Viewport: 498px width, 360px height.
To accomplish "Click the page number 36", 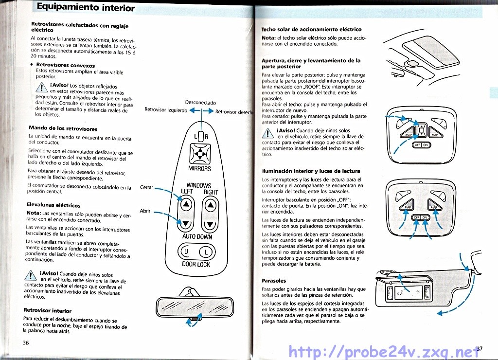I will (x=26, y=342).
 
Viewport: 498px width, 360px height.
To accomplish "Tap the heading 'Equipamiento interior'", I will (x=86, y=7).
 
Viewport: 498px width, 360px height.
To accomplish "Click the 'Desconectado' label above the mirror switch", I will (x=200, y=103).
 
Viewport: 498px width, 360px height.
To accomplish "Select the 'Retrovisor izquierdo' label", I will (x=166, y=110).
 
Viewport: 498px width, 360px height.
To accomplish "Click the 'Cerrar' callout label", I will (x=146, y=187).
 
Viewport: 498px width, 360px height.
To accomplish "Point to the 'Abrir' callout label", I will (x=145, y=211).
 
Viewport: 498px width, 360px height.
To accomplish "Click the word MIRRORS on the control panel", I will (x=199, y=169).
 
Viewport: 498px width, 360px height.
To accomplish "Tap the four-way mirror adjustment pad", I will (x=199, y=154).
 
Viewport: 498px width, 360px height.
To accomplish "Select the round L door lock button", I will (x=206, y=252).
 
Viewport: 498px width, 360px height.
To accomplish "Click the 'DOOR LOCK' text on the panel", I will (x=196, y=265).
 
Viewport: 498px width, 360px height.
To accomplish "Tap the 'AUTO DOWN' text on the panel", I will (x=197, y=237).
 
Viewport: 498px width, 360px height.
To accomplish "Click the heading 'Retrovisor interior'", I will (x=47, y=310).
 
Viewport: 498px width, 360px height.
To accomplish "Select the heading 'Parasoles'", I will (x=274, y=281).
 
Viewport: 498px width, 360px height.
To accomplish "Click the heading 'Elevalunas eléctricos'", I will (x=53, y=205).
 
